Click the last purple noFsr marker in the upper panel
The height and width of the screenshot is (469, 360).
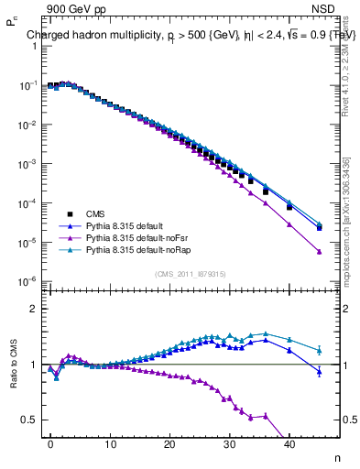[x=319, y=252]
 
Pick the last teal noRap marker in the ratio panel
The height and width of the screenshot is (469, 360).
[x=319, y=349]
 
